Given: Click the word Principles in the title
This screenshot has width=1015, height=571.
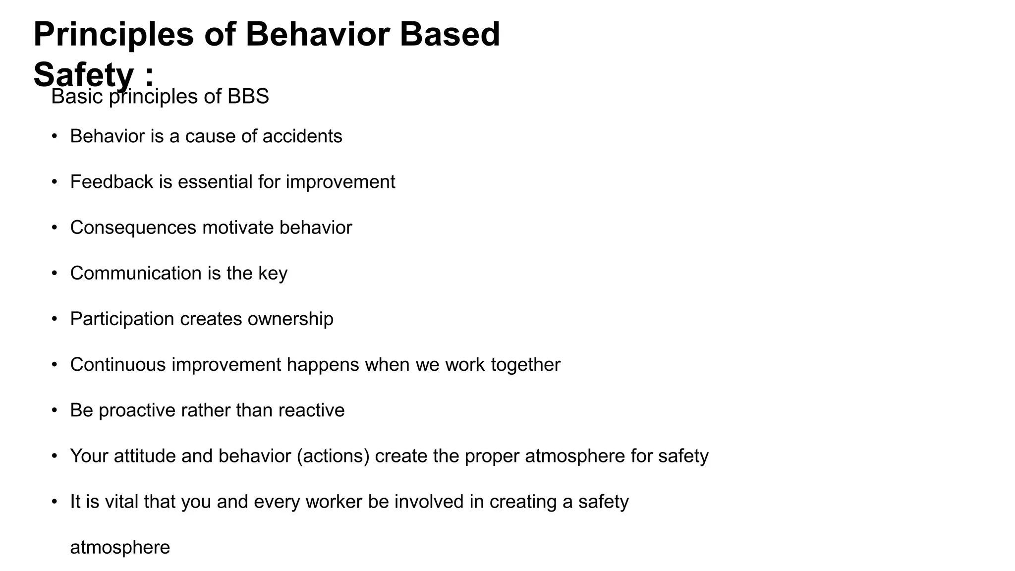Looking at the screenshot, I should pyautogui.click(x=113, y=35).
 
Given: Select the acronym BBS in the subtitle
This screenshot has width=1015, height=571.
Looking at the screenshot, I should pyautogui.click(x=248, y=96).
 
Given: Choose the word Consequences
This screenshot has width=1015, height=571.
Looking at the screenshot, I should pyautogui.click(x=133, y=228).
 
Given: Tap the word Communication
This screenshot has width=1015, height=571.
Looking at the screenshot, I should pyautogui.click(x=136, y=273).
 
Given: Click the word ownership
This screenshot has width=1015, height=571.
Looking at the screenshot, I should pyautogui.click(x=290, y=319).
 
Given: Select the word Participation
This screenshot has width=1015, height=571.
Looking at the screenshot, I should pyautogui.click(x=122, y=319).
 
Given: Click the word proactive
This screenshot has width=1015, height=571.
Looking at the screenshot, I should pyautogui.click(x=137, y=411).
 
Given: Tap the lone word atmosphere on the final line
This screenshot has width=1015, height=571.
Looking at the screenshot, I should pyautogui.click(x=120, y=548).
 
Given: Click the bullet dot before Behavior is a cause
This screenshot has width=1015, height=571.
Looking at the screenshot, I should pyautogui.click(x=55, y=136).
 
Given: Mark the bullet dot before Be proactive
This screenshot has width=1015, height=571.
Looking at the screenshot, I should pyautogui.click(x=55, y=410).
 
